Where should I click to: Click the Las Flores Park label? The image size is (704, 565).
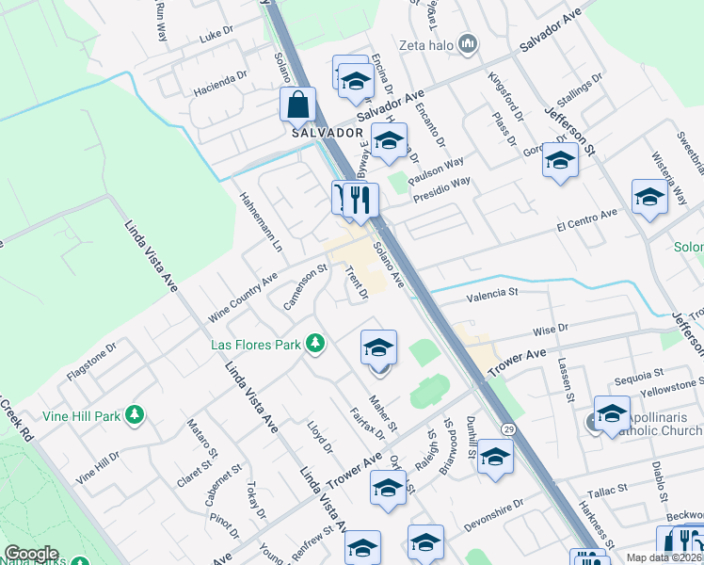(254, 344)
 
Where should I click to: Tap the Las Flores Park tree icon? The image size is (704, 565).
(315, 344)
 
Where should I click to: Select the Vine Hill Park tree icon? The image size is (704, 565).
(135, 414)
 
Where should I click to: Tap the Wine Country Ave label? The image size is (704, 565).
(243, 293)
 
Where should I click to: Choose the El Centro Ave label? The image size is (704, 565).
(586, 218)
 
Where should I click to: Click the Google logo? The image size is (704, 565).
(31, 554)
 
